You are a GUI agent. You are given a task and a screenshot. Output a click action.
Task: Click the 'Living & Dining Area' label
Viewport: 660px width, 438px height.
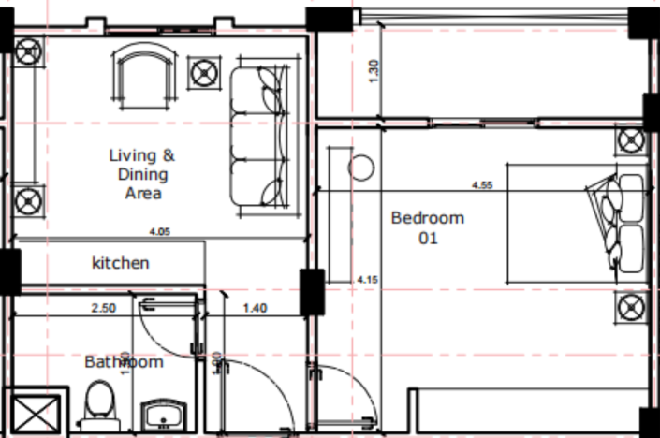coord(141,174)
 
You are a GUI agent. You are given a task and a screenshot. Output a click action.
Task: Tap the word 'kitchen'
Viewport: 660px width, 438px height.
coord(120,263)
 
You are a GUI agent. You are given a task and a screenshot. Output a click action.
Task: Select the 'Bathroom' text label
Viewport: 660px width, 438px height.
coord(124,361)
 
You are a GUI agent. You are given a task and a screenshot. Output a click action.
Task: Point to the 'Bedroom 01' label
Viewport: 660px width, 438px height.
coord(427,228)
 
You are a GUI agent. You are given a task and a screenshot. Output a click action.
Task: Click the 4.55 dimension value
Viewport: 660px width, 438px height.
coord(482,184)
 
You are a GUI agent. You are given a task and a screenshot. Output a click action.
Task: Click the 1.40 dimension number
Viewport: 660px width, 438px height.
coord(256,307)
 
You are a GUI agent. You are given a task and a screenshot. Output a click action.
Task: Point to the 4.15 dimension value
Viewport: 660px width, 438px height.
coord(367,279)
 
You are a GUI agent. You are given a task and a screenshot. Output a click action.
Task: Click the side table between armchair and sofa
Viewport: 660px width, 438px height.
coord(204,71)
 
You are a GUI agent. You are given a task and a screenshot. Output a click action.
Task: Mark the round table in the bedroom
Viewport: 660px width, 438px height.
coord(360,168)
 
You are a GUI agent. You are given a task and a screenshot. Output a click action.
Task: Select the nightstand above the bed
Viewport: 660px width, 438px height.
coord(631,142)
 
